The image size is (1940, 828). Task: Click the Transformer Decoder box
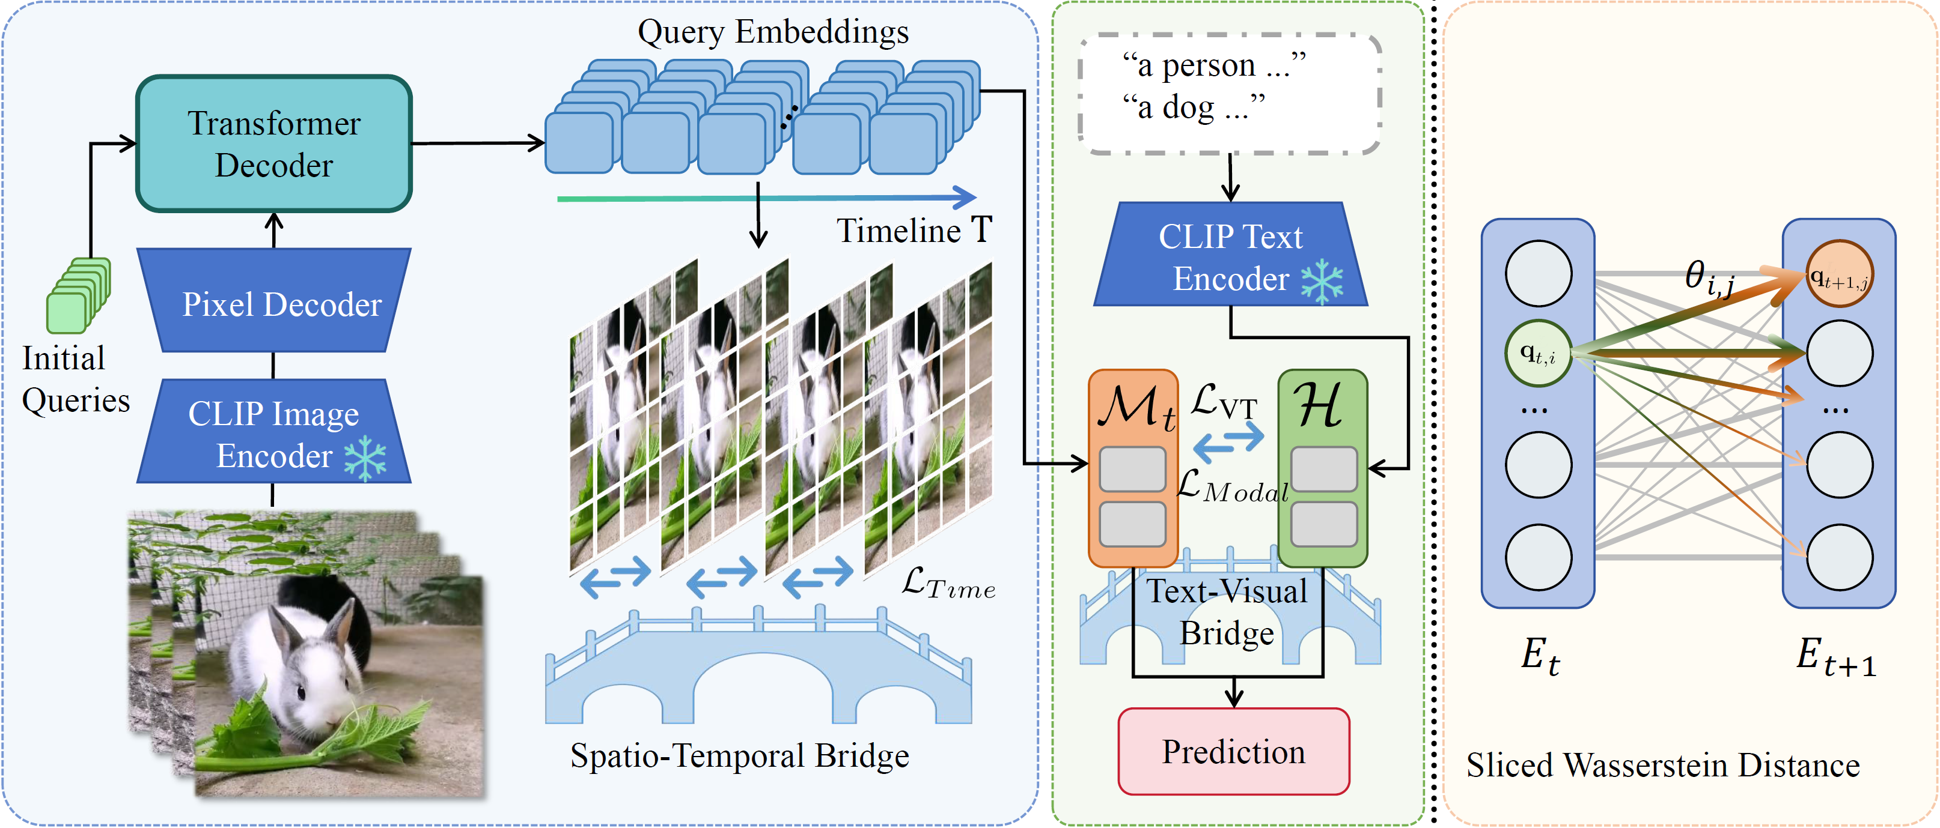pyautogui.click(x=274, y=143)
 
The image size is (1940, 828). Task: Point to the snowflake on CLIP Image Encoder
pyautogui.click(x=365, y=458)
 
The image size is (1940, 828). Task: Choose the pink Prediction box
pyautogui.click(x=1233, y=751)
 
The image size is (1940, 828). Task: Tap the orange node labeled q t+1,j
pyautogui.click(x=1839, y=274)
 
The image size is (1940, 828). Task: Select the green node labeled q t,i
pyautogui.click(x=1538, y=353)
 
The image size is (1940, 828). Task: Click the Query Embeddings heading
pyautogui.click(x=773, y=32)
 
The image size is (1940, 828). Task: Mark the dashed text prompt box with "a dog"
pyautogui.click(x=1230, y=94)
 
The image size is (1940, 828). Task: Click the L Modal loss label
pyautogui.click(x=1232, y=486)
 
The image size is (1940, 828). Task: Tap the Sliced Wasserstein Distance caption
pyautogui.click(x=1662, y=765)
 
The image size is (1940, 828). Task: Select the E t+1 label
pyautogui.click(x=1835, y=656)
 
